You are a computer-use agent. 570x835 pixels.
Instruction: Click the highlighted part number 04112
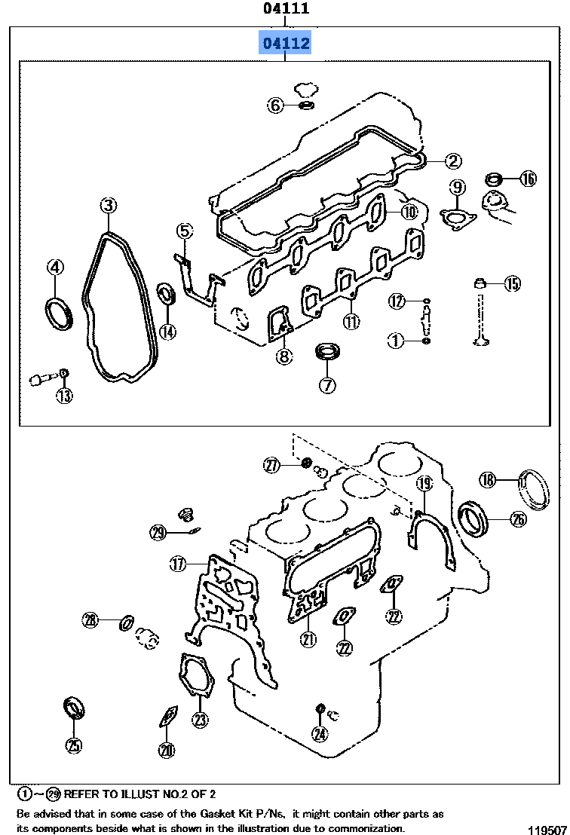(286, 44)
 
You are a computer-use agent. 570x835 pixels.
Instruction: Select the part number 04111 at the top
(286, 9)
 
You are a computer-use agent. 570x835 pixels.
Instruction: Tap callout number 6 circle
(276, 106)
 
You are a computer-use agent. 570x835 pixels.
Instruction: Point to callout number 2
(452, 160)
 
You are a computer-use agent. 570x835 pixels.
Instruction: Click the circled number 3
(109, 206)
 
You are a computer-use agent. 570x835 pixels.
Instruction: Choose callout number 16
(528, 179)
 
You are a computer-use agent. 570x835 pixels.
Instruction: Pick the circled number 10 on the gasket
(408, 212)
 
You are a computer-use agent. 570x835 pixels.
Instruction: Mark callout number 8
(283, 357)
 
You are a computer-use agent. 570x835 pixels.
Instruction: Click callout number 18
(488, 479)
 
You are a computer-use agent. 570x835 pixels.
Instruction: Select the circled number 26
(518, 518)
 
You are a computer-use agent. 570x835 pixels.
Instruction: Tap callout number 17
(177, 563)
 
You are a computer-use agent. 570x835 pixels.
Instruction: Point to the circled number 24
(320, 733)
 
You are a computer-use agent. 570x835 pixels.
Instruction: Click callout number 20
(167, 749)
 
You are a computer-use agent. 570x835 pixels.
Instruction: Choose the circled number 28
(90, 620)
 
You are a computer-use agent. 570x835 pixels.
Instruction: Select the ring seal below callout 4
(58, 313)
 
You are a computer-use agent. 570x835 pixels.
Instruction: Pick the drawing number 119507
(547, 828)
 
